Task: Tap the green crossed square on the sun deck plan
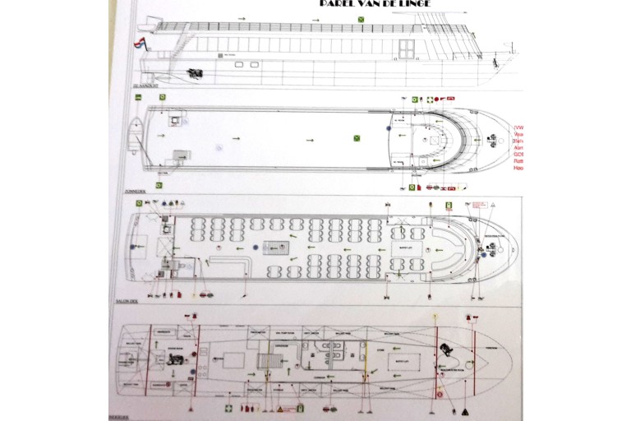tap(357, 137)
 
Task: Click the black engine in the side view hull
tap(195, 73)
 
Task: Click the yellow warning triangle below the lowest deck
tap(279, 408)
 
